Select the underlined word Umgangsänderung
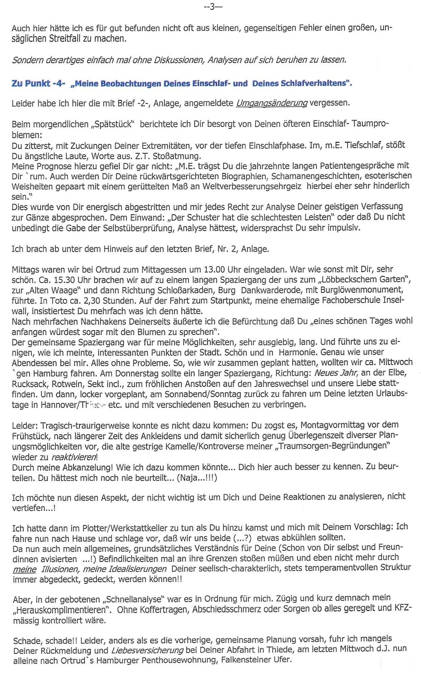(272, 103)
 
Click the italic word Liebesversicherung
(147, 651)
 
